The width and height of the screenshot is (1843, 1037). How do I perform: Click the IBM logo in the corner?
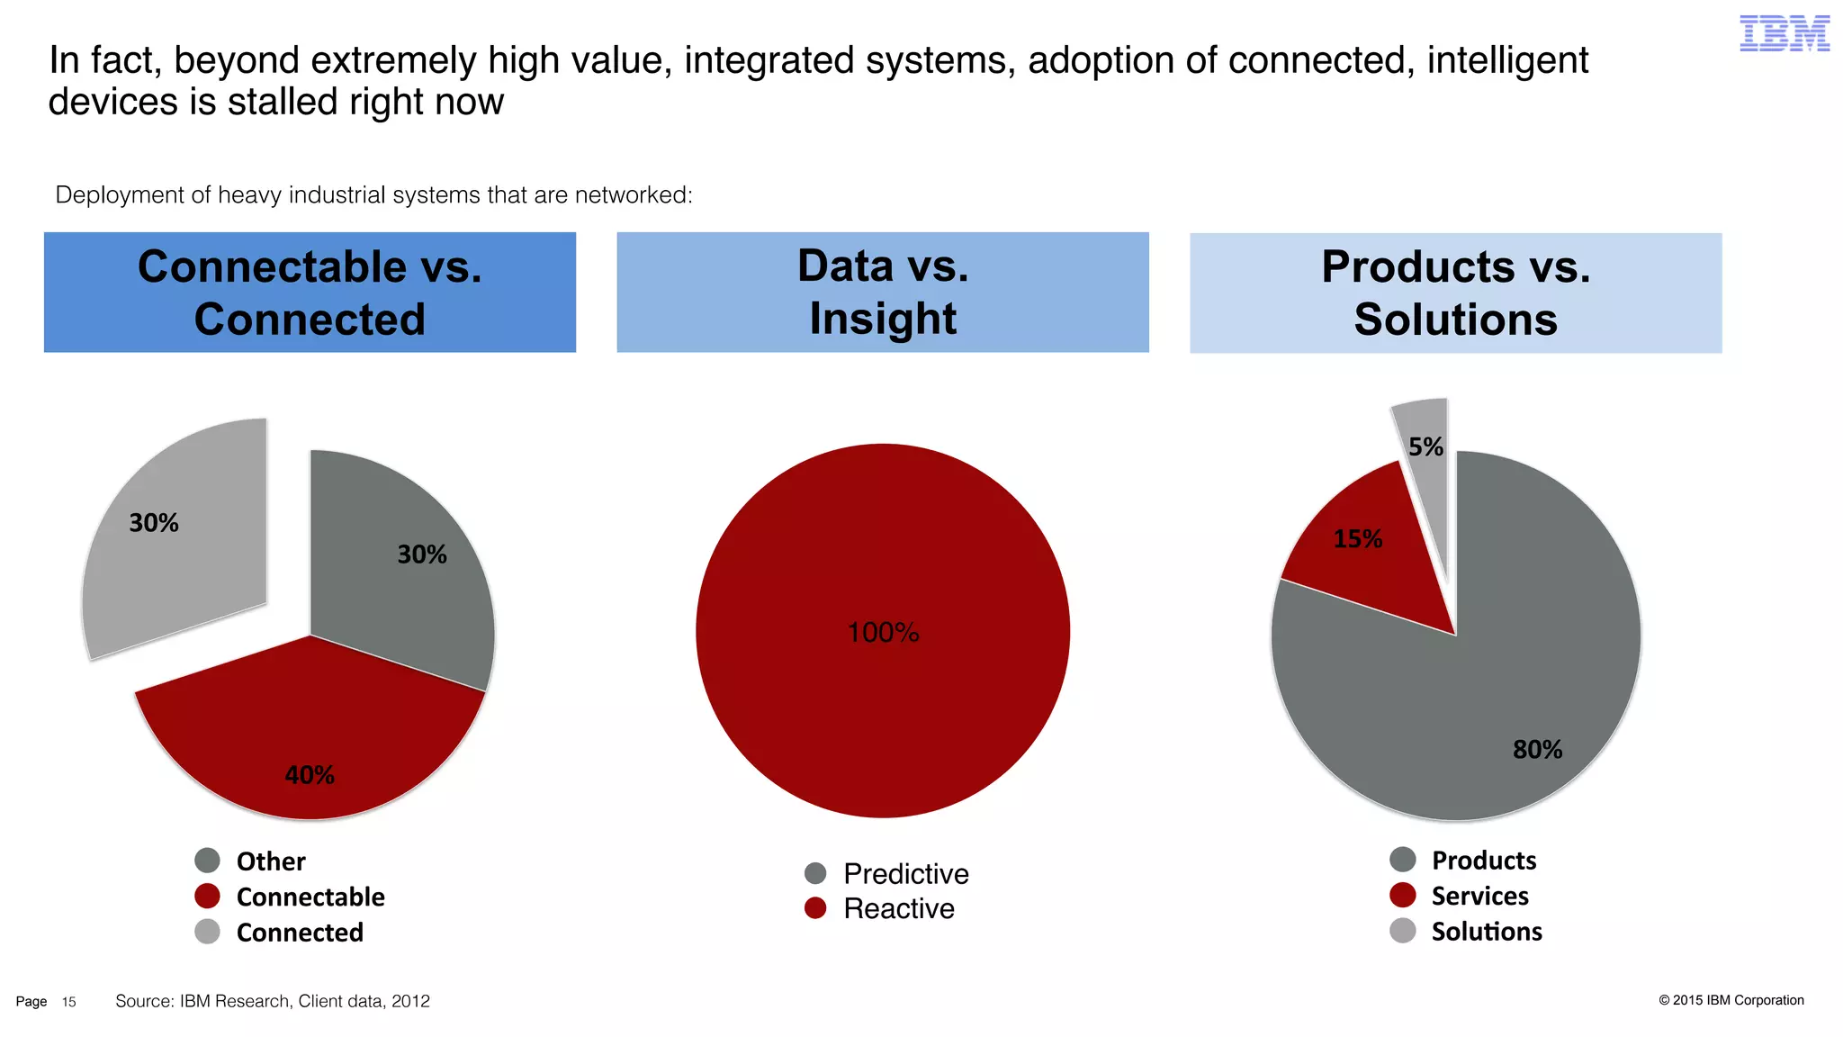[x=1784, y=33]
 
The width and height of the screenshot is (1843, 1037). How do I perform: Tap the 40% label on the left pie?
[x=310, y=775]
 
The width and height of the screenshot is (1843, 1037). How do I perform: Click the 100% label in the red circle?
[x=883, y=633]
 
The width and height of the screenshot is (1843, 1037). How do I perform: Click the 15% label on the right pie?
[x=1357, y=539]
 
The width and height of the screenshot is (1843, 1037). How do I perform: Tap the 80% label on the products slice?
[x=1537, y=750]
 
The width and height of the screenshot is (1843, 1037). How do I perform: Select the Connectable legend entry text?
[x=310, y=897]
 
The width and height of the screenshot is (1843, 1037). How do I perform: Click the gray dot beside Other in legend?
[x=208, y=861]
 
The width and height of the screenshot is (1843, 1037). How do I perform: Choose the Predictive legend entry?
[x=905, y=874]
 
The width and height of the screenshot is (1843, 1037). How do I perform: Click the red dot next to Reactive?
[x=815, y=908]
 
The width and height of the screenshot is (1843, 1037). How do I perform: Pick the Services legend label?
[x=1479, y=897]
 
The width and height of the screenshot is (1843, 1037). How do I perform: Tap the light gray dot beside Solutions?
[x=1403, y=931]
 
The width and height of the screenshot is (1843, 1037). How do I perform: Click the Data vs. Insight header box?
[x=883, y=293]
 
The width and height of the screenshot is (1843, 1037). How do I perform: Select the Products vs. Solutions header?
[x=1455, y=293]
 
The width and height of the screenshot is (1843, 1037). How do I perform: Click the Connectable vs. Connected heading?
[x=310, y=293]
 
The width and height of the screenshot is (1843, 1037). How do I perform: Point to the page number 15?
[x=69, y=1002]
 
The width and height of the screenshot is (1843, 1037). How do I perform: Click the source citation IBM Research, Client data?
[x=273, y=1001]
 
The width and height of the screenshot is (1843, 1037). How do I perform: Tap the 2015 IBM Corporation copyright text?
[x=1731, y=1000]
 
